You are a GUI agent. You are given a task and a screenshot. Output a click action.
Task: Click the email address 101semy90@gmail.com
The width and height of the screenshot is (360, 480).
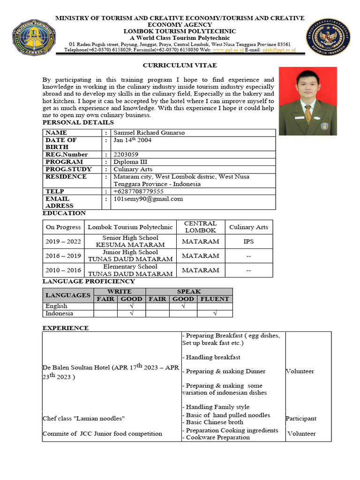click(148, 199)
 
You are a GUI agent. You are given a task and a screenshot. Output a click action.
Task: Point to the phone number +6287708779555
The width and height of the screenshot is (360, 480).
click(138, 191)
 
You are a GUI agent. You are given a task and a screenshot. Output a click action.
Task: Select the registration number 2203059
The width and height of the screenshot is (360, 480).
click(126, 154)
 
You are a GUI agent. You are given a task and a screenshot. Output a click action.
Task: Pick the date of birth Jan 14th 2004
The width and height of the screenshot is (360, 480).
click(133, 140)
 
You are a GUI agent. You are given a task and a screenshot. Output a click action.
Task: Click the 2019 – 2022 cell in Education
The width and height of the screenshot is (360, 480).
click(63, 241)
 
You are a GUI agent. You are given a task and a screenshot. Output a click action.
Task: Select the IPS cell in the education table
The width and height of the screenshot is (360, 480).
click(248, 241)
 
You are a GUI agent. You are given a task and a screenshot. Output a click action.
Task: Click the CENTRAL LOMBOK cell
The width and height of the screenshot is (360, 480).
click(200, 227)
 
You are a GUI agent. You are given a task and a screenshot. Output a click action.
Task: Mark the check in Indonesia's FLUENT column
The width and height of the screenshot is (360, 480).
click(215, 314)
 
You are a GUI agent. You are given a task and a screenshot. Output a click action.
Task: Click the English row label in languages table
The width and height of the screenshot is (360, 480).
click(56, 306)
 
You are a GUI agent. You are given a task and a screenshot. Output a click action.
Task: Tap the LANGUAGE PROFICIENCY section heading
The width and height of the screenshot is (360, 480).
click(89, 281)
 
